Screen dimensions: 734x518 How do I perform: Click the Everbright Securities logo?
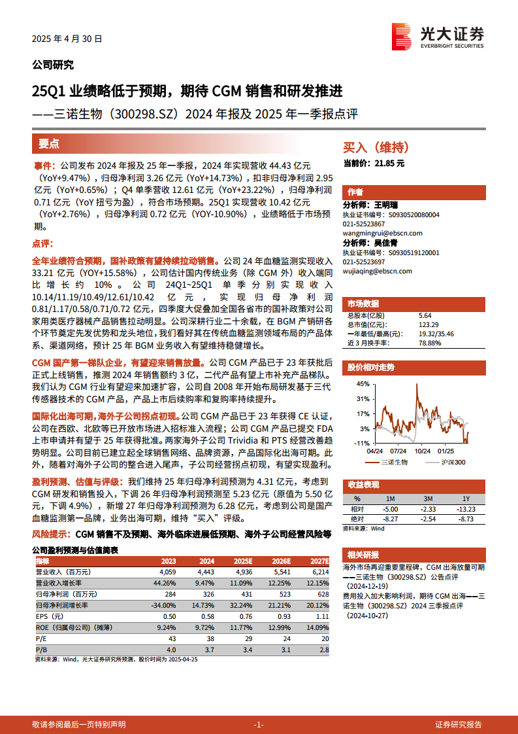437,36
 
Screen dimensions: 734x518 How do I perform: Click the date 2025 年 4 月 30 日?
67,39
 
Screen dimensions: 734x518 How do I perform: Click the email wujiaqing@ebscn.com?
378,271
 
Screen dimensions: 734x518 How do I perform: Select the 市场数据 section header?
363,304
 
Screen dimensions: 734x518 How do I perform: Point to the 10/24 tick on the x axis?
423,451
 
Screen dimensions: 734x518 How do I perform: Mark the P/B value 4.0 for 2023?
171,650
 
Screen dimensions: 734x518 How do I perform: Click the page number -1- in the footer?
259,724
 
